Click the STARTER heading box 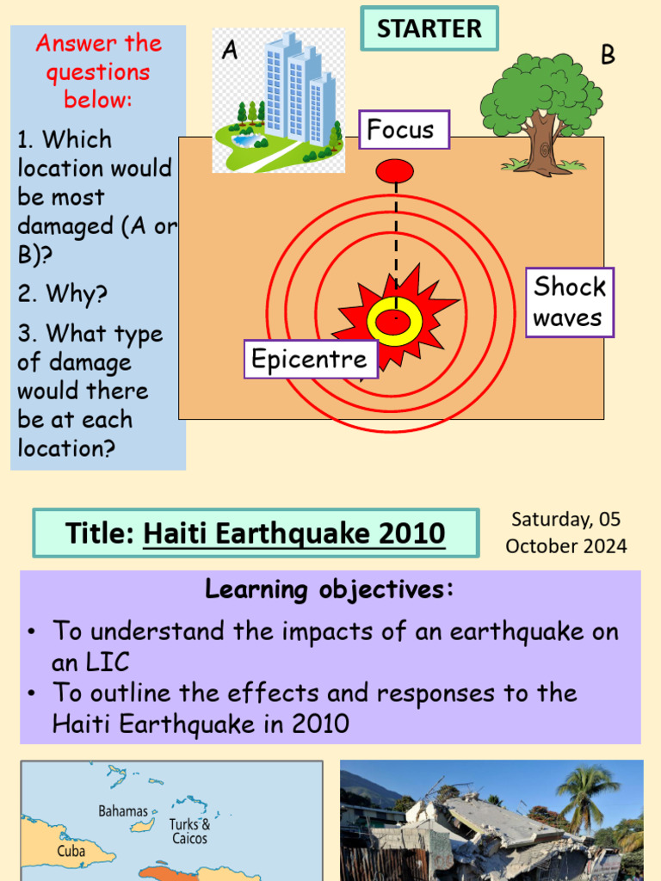(429, 28)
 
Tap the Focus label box (404, 130)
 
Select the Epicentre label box (310, 358)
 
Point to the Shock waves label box (569, 302)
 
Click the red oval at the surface (395, 170)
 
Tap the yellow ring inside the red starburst (395, 321)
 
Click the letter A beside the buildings (229, 51)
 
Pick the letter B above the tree (608, 55)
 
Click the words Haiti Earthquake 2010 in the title (294, 533)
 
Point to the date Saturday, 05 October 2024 (565, 532)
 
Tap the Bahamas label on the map (123, 811)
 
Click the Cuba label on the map (71, 851)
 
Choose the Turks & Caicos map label (189, 831)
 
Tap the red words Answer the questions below (98, 71)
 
